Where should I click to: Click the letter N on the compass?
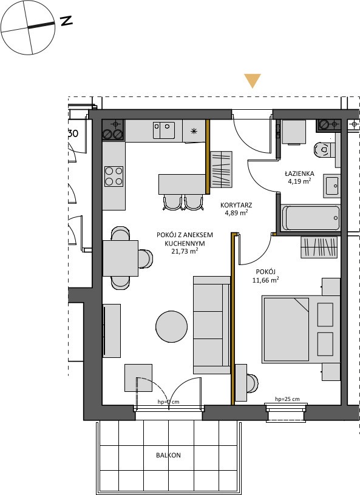tap(67, 21)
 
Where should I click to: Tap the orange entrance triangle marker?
tap(253, 81)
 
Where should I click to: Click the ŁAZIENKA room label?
tap(299, 173)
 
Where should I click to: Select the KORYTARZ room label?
tap(236, 205)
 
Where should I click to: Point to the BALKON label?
tap(168, 455)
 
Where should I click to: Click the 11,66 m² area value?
tap(265, 280)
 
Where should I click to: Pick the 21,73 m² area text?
tap(185, 251)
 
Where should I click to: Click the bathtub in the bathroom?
tap(311, 218)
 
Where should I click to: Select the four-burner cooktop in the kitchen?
tap(114, 177)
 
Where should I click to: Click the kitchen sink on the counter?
tap(164, 130)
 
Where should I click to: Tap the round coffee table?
tap(171, 327)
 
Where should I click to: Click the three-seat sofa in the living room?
tap(212, 325)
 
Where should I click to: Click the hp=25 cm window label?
tap(287, 399)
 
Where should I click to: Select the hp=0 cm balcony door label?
tap(168, 402)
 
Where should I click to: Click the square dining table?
tap(120, 258)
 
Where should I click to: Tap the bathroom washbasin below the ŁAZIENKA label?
tap(331, 186)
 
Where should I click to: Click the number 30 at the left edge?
tap(73, 133)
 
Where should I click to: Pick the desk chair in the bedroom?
tap(252, 383)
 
